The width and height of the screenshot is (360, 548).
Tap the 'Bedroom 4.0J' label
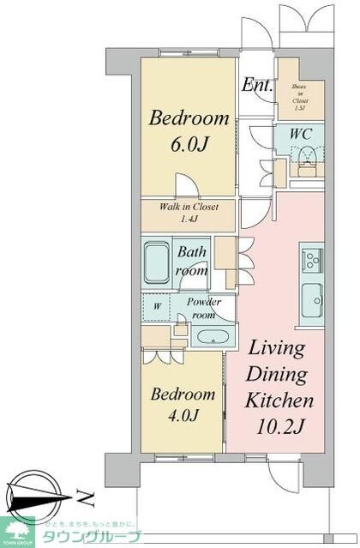tap(183, 405)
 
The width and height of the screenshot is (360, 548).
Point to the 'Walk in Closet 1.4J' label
tap(189, 213)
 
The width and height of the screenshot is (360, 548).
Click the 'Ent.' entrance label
tap(257, 85)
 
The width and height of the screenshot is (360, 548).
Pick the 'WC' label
tap(300, 134)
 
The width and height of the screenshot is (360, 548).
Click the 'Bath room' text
tap(192, 261)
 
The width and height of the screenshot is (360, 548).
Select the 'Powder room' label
tap(203, 308)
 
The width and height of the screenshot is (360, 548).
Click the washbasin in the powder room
tap(208, 335)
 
